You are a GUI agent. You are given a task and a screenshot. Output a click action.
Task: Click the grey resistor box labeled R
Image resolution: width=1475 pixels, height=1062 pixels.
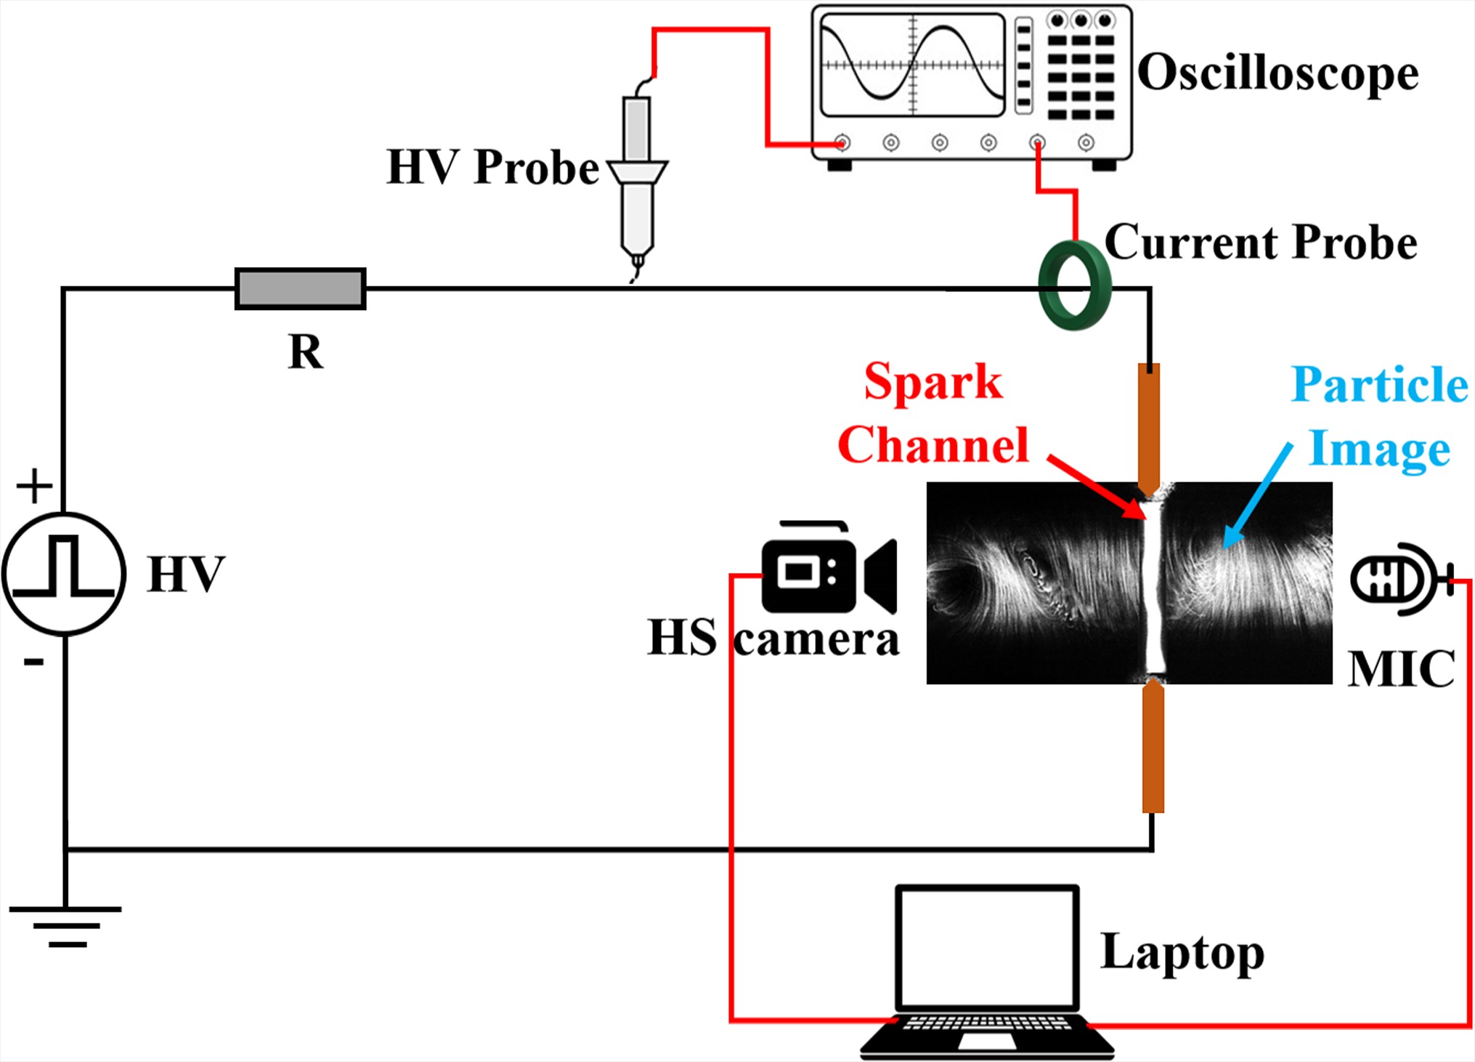point(300,289)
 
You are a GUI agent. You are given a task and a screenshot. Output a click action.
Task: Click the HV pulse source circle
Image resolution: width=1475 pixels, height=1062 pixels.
point(64,574)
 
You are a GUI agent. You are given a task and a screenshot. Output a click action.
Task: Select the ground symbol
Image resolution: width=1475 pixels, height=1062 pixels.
point(65,926)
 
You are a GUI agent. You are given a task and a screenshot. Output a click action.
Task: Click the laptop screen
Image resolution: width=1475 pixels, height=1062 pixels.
point(987,947)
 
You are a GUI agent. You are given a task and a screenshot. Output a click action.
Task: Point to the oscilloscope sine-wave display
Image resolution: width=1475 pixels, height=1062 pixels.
point(912,65)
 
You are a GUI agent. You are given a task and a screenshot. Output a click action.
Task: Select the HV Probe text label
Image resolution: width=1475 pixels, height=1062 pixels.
point(492,167)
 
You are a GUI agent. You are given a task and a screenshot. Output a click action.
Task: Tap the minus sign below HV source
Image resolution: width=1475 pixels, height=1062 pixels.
point(33,662)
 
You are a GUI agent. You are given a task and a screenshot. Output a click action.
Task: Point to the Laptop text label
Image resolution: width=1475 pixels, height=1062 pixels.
point(1182,952)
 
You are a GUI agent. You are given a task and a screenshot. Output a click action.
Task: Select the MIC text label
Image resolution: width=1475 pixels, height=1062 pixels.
point(1401,668)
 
